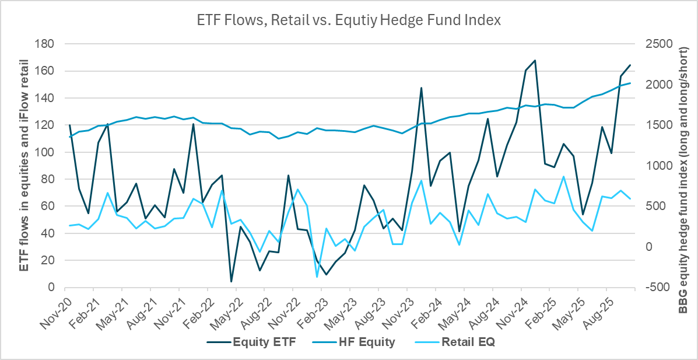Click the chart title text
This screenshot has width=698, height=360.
(348, 20)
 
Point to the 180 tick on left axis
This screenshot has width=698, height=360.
(45, 44)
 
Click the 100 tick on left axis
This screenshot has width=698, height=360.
(45, 152)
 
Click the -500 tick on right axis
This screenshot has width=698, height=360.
(657, 288)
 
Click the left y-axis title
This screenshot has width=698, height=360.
(24, 165)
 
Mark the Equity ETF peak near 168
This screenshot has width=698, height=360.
(535, 60)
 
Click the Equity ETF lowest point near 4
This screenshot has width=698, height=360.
(231, 282)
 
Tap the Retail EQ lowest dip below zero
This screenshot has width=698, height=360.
(317, 277)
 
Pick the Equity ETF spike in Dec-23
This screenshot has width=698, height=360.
(421, 88)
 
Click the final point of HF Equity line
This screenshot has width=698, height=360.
(630, 83)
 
